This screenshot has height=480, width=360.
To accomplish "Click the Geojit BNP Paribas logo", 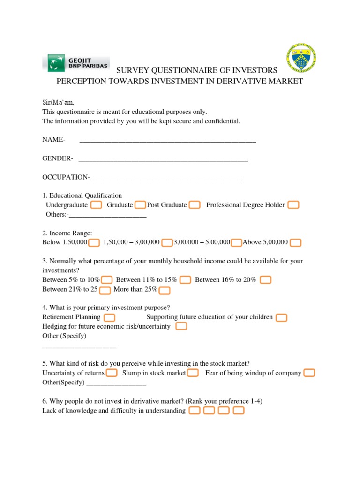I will [76, 62].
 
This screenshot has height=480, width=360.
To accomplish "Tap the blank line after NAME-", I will [168, 140].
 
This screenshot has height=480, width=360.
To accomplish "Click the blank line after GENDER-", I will [163, 159].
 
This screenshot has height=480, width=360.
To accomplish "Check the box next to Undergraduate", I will [96, 205].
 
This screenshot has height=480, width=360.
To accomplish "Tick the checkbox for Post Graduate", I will [195, 205].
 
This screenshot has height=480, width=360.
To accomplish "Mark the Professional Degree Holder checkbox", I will [293, 205].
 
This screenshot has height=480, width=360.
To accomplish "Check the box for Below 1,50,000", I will [94, 242].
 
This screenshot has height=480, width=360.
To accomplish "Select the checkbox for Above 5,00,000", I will [295, 242].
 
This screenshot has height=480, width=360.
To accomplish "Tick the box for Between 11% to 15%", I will [185, 280].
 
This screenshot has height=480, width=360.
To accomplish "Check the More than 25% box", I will [165, 290].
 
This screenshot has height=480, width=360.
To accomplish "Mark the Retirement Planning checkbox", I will [110, 317].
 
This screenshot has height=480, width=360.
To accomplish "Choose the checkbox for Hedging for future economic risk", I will [181, 326].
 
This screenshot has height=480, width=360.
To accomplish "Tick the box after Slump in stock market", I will [193, 373].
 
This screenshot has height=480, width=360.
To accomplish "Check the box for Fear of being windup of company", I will [309, 373].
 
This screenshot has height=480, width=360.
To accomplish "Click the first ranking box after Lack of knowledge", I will [195, 411].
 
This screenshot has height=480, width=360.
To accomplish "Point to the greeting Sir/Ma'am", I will [58, 102].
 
